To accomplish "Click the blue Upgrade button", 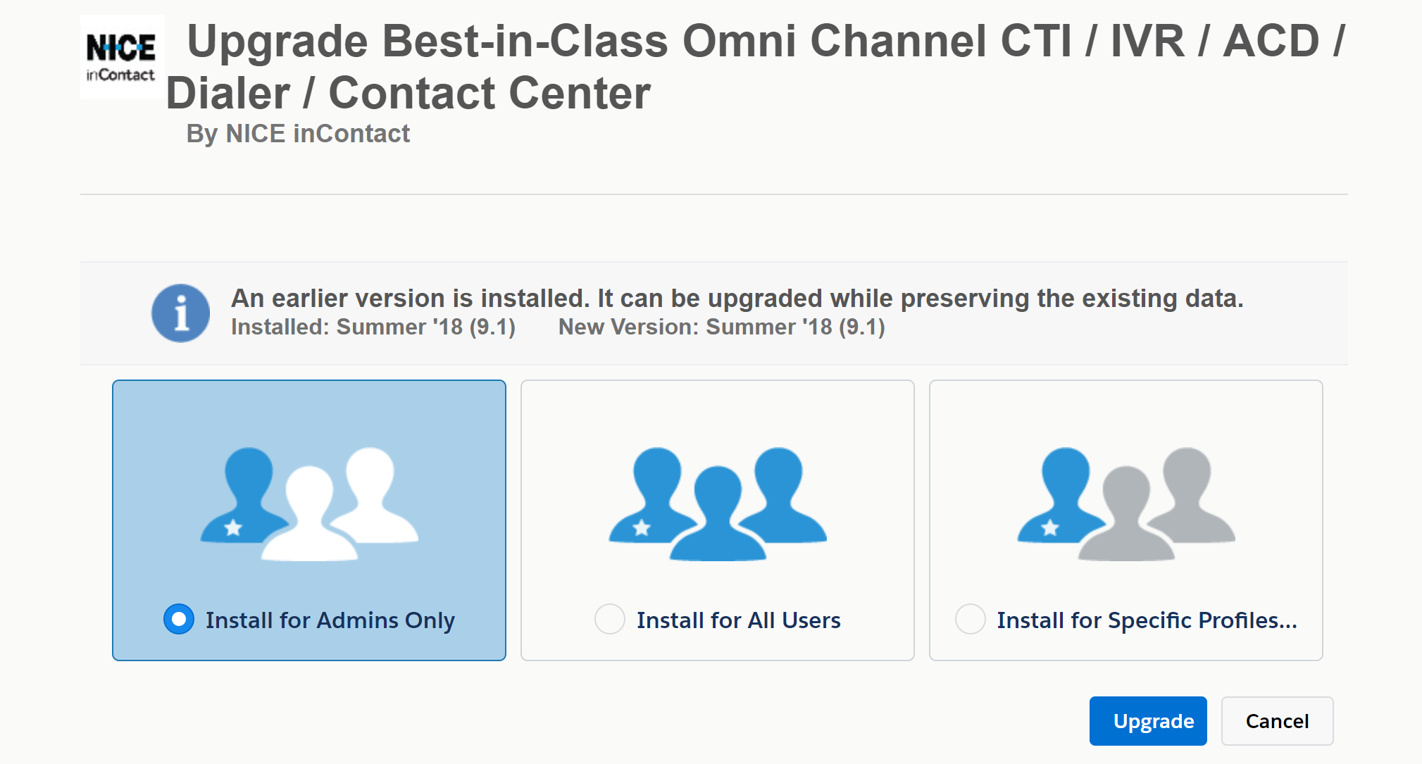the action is tap(1147, 720).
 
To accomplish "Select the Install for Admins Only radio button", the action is tap(179, 619).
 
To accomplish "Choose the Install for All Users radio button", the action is tap(609, 619).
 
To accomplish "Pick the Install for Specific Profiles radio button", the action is tap(970, 619).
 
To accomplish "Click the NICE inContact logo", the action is tap(122, 57).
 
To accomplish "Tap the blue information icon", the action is tap(180, 313).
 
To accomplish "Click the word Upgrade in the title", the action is tap(277, 41).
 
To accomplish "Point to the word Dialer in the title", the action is tap(228, 93).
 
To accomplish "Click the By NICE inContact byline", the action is tap(298, 133).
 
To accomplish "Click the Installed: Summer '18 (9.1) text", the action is tap(373, 327).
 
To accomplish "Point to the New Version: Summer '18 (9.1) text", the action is tap(721, 327).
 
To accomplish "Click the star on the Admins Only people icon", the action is tap(233, 527).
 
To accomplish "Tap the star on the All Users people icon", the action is tap(642, 527).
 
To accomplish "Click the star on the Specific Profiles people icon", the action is tap(1050, 527).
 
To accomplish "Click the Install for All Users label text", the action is tap(739, 620).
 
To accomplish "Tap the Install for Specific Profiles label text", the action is tap(1147, 620).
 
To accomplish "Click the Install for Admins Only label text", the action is tap(330, 620).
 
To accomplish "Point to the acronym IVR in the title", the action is tap(1147, 41).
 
